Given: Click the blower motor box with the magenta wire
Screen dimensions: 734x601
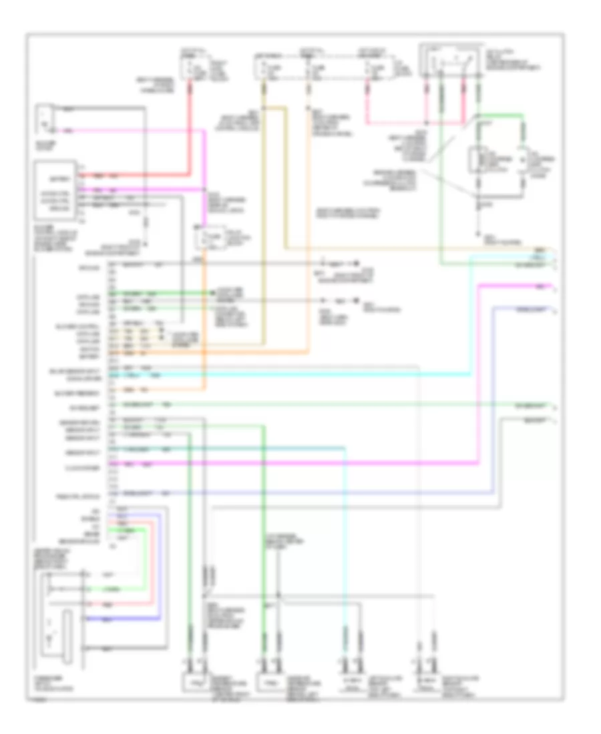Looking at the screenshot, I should (x=45, y=117).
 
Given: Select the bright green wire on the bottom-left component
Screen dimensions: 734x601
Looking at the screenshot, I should (x=120, y=589).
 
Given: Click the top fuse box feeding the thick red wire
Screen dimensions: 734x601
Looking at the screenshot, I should (x=194, y=66).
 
